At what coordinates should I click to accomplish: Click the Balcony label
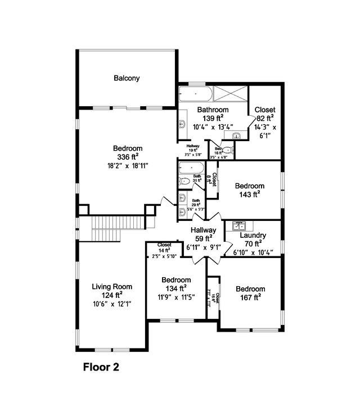[x=127, y=78]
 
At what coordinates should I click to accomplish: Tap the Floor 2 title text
[x=101, y=368]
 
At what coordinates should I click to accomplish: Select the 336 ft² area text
[x=127, y=156]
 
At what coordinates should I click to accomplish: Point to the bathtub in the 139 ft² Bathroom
[x=196, y=93]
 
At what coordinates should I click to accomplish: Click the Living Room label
[x=112, y=286]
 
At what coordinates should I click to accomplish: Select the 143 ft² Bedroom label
[x=249, y=186]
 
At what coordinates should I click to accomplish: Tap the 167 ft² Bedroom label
[x=249, y=284]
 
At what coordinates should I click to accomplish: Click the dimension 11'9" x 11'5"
[x=175, y=297]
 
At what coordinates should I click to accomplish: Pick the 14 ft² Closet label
[x=164, y=245]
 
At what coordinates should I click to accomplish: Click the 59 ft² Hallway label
[x=203, y=230]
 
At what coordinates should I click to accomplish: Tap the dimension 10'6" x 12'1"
[x=112, y=304]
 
